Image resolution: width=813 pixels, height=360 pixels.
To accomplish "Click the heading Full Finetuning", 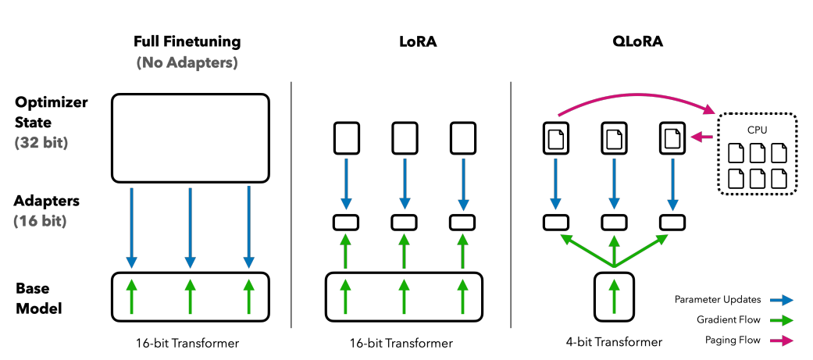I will click(187, 41).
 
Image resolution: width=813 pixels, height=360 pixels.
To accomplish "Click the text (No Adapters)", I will click(187, 62).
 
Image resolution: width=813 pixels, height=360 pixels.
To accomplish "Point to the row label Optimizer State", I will click(51, 113).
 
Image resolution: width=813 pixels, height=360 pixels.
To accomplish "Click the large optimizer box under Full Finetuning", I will click(191, 138).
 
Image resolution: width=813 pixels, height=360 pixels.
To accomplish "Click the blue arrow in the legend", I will click(781, 299).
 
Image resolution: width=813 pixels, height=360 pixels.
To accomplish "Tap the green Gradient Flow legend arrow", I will click(781, 319).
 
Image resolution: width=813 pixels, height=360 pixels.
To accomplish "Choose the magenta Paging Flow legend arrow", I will click(781, 340).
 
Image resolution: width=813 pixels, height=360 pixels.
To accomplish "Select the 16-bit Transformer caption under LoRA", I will click(403, 343).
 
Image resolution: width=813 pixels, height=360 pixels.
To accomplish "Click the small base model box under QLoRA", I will click(613, 296).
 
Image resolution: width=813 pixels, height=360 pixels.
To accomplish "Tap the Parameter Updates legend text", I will click(717, 299).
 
